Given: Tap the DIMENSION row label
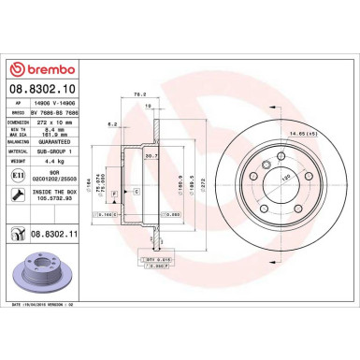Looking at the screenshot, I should (17, 119).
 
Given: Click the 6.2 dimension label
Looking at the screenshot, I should (111, 123).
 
